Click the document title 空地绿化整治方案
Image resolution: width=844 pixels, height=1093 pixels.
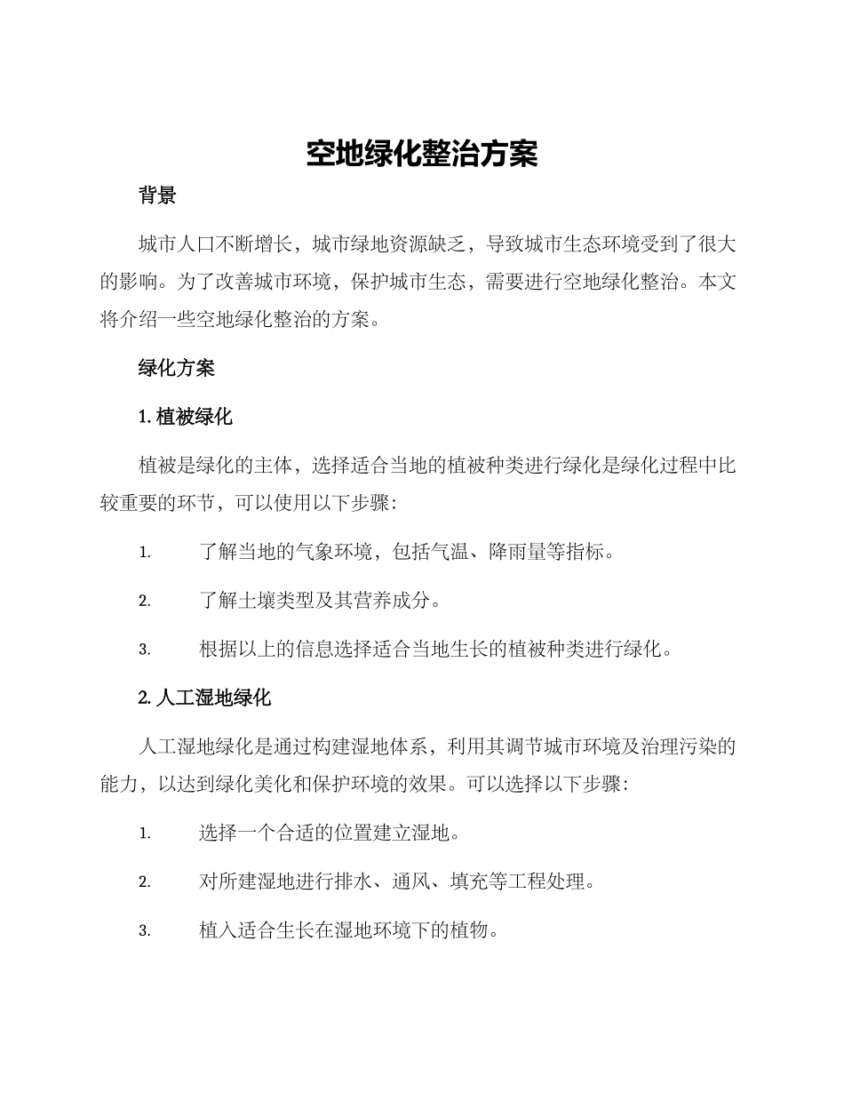pos(422,154)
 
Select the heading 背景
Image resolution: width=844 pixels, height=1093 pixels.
pos(157,196)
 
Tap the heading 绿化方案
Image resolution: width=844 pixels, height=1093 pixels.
pos(176,368)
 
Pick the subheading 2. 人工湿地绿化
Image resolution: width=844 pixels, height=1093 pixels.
pos(204,698)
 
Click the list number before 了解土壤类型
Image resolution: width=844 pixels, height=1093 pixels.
pos(144,602)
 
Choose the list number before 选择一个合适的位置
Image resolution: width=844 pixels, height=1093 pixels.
pos(144,834)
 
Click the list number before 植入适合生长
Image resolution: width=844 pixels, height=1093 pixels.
pos(144,931)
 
